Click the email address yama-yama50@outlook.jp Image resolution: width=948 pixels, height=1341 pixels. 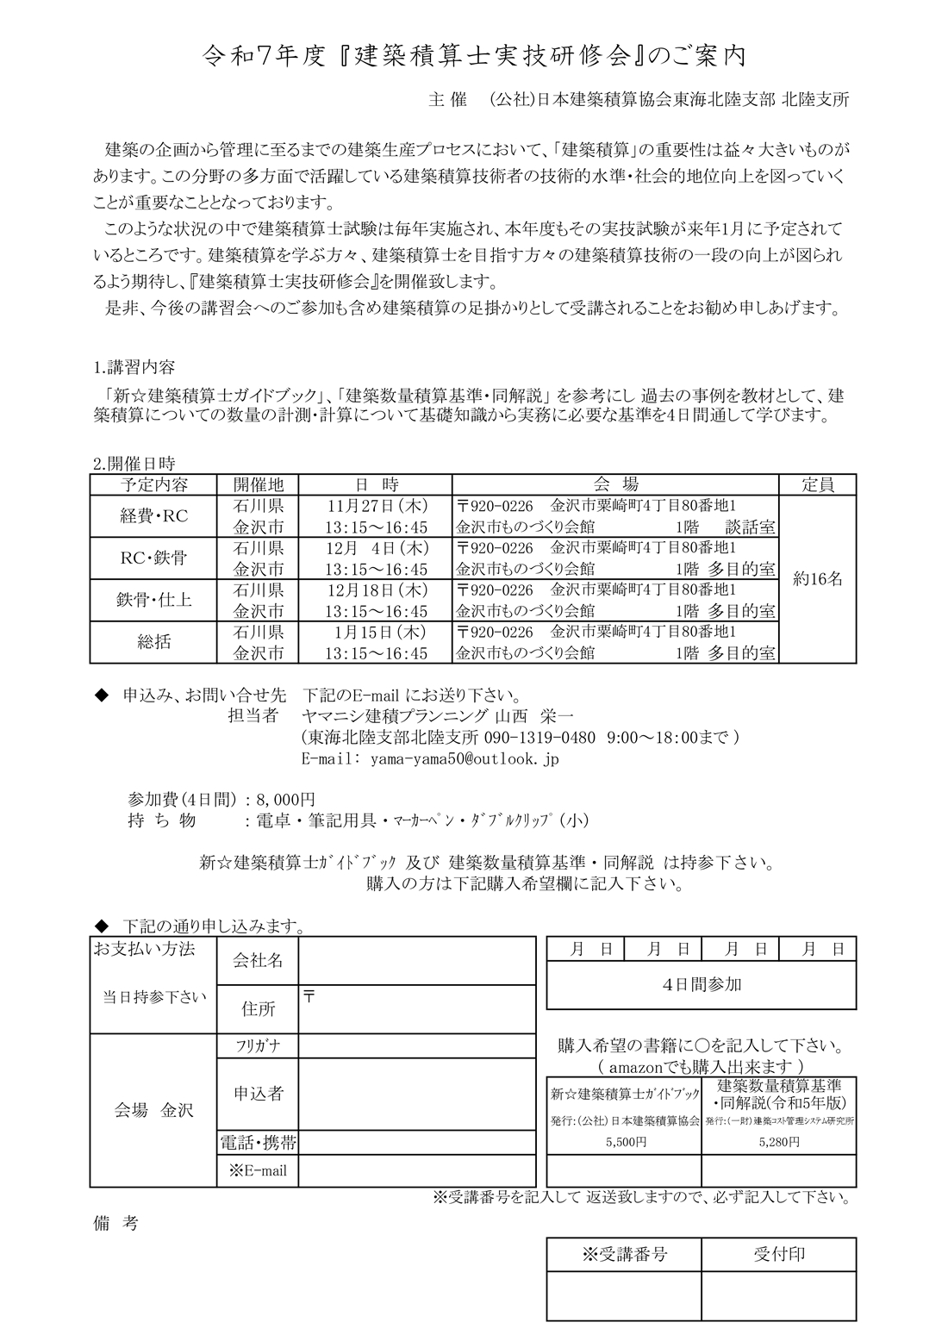click(464, 759)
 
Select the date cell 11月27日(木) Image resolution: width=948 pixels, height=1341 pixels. click(377, 505)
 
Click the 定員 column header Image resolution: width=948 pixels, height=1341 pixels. click(817, 484)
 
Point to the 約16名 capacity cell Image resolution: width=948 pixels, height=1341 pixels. click(817, 579)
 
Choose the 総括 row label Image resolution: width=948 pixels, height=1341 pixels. click(153, 642)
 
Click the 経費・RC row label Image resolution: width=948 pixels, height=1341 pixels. click(153, 516)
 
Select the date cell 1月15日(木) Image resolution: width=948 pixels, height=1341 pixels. click(377, 632)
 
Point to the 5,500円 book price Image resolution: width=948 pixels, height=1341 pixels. click(625, 1141)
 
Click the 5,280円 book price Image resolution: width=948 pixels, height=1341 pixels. click(778, 1141)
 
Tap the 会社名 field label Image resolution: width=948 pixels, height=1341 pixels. click(258, 961)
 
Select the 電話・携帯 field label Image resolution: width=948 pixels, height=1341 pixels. click(258, 1144)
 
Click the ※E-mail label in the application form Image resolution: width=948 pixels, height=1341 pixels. click(257, 1170)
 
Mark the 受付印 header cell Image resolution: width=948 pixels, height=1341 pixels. click(778, 1254)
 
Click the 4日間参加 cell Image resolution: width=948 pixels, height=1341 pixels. click(702, 984)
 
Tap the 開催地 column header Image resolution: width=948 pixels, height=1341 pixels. click(258, 484)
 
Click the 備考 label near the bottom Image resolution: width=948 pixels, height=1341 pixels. click(114, 1223)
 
